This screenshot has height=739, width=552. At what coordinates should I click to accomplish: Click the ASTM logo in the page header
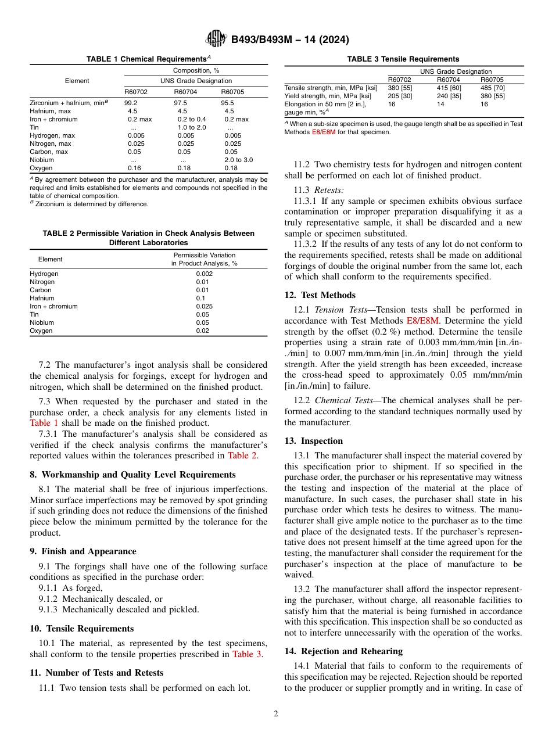point(216,40)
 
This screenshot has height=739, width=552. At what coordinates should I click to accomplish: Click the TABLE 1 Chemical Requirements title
point(148,59)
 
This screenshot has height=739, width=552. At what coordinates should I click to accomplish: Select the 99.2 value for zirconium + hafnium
point(131,103)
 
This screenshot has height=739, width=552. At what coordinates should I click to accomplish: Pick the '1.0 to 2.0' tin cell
point(192,127)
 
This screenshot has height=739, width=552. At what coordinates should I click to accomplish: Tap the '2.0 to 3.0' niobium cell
point(238,160)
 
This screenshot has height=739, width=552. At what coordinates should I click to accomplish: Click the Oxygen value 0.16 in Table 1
point(134,168)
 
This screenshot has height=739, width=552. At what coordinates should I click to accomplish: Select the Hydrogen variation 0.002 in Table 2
point(204,274)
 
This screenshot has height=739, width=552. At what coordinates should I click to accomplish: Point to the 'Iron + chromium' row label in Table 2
point(53,306)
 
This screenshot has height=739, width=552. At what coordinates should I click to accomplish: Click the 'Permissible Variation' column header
point(204,255)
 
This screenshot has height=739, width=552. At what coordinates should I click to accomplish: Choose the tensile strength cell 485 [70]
point(492,88)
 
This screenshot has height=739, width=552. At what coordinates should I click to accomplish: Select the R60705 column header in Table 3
point(492,80)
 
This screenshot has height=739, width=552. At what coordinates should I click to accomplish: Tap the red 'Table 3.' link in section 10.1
point(247,654)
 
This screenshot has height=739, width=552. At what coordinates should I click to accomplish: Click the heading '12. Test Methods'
point(320,295)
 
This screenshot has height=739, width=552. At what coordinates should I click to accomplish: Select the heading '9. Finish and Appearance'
point(83,551)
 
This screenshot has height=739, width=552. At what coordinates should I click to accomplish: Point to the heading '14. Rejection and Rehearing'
point(343,651)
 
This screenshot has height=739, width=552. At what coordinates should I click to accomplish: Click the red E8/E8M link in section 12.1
point(423,321)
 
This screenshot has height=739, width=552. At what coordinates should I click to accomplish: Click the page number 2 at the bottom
point(276,714)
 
